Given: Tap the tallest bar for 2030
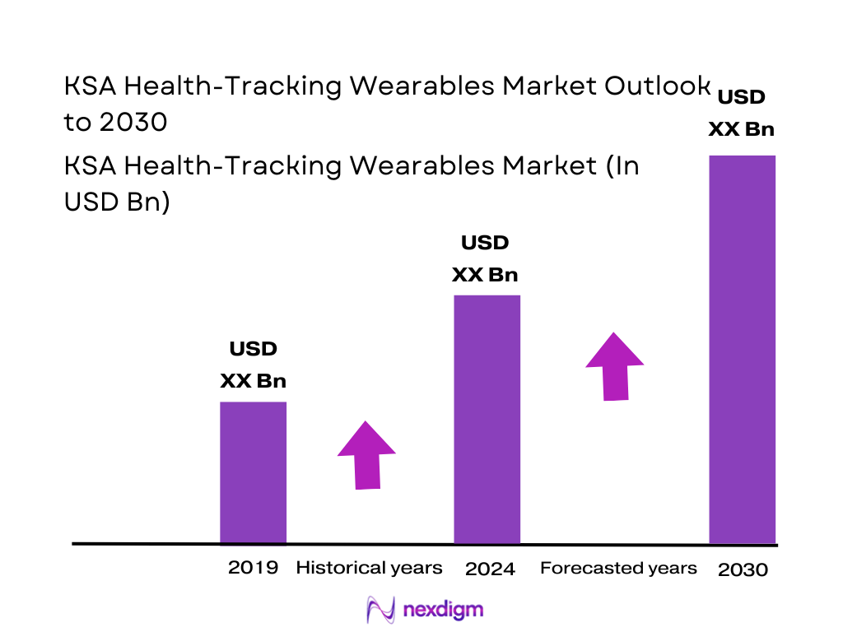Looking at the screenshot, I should coord(742,349).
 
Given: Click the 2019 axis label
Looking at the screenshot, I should coord(253,567).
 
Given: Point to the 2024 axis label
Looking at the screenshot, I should coord(490,569).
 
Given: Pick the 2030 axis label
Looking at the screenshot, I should coord(743,569).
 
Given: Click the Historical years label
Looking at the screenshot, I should coord(369,567).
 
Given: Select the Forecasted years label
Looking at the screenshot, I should coord(618,568).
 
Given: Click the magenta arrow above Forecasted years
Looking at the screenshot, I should coord(615,366).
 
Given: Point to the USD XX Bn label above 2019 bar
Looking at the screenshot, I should coord(253,365).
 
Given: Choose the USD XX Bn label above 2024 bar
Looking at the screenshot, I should coord(485,258).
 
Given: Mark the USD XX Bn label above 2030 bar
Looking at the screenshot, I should coord(742,113).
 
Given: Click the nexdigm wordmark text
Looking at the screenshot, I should coord(444,610).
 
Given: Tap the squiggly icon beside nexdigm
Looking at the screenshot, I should coord(381,610).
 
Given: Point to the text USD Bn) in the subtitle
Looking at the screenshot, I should coord(117,202).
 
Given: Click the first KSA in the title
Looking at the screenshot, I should coord(87,86).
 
